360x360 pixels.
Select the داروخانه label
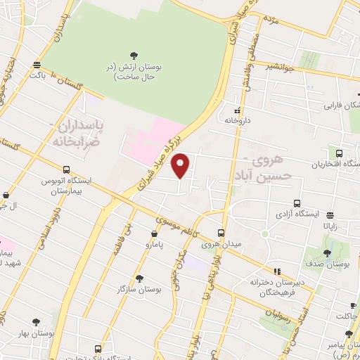click(238, 121)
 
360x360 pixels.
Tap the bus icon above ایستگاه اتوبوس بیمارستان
click(66, 169)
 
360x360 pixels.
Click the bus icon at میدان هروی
click(221, 233)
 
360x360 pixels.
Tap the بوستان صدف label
click(333, 264)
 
